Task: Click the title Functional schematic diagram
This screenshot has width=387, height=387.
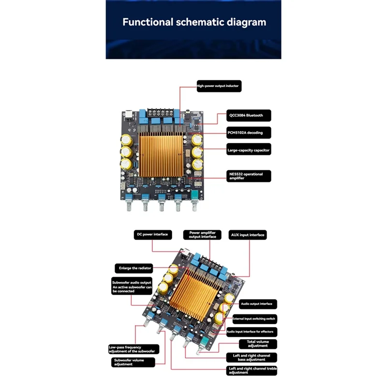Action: click(x=194, y=22)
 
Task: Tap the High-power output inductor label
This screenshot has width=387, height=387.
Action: click(x=218, y=86)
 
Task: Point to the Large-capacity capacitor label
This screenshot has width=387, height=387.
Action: click(x=249, y=150)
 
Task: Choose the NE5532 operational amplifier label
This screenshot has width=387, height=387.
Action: click(x=249, y=176)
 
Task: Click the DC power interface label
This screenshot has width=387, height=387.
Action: click(x=152, y=234)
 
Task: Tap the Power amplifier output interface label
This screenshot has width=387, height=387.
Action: click(x=203, y=235)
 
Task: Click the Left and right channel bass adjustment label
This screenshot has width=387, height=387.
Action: click(x=252, y=357)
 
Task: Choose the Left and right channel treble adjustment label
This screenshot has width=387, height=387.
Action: click(x=252, y=371)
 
